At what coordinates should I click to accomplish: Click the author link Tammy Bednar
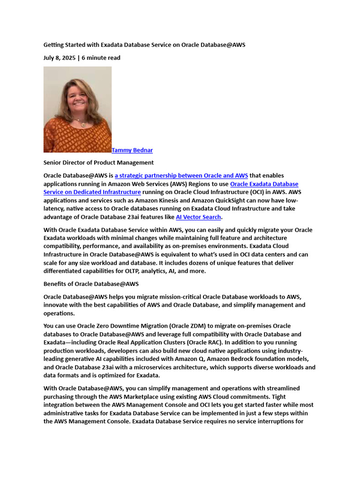point(132,150)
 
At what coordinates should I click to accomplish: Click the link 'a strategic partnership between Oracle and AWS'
point(181,176)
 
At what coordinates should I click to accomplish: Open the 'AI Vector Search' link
point(198,217)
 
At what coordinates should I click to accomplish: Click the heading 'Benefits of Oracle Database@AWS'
point(91,284)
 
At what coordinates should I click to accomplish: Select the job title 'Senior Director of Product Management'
point(98,163)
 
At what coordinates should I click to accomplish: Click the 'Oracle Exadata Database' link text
point(264,184)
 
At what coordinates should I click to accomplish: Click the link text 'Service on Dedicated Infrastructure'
point(92,192)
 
